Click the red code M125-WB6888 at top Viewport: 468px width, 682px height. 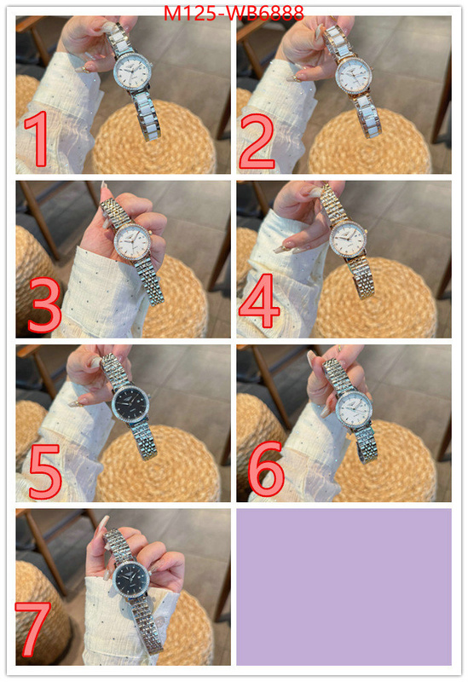point(234,14)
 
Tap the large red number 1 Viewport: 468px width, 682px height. point(38,138)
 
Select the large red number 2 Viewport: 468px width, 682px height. point(257,141)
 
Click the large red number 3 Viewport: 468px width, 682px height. point(44,305)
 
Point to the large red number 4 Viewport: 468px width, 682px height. point(259,301)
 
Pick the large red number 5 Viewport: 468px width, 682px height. point(45,471)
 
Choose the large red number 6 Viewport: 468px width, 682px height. point(266,468)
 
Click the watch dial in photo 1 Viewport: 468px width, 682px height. point(132,72)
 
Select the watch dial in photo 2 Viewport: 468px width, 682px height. point(354,73)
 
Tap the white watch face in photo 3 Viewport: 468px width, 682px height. point(132,240)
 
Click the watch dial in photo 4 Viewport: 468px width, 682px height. point(347,240)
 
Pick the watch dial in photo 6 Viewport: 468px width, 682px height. point(355,410)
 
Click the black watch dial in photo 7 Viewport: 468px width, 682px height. point(131,580)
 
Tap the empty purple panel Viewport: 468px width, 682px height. point(344,587)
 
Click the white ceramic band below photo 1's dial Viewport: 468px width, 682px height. point(147,114)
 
